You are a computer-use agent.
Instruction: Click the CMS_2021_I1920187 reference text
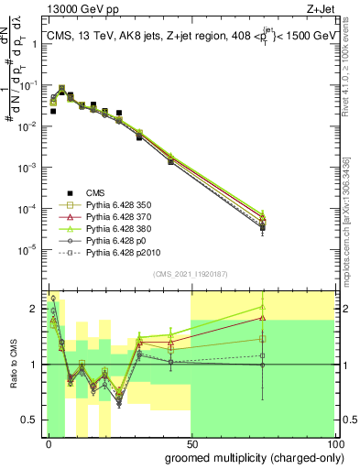tap(191, 274)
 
